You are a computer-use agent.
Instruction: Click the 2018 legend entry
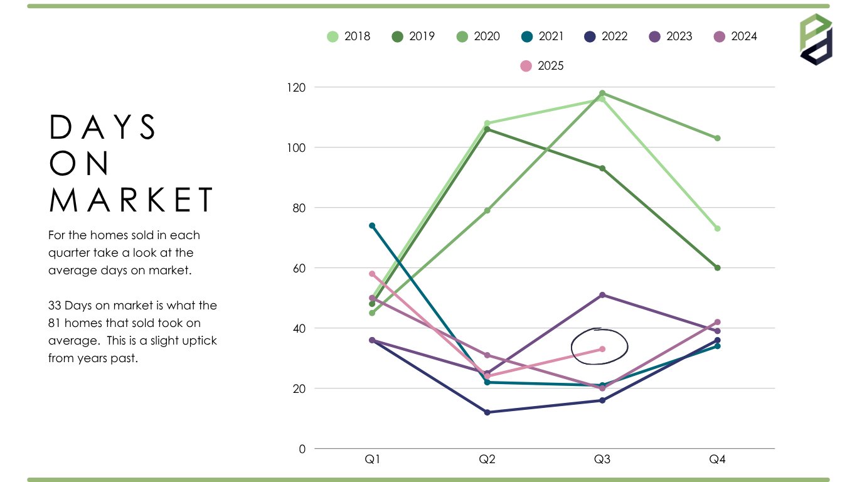point(349,36)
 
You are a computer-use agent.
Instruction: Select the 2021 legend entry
point(543,36)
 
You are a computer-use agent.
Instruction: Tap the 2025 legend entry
point(543,65)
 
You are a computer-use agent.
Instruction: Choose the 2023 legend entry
point(671,36)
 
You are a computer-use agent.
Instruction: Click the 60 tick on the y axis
point(299,268)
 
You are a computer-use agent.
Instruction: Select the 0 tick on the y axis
point(302,449)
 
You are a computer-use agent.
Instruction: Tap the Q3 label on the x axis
point(602,459)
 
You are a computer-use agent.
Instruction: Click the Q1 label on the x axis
point(372,459)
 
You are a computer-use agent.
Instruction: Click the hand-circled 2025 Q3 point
point(602,349)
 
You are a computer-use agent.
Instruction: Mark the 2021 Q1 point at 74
point(372,226)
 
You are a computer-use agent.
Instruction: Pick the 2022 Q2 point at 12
point(487,412)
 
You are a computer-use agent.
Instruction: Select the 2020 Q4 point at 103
point(717,138)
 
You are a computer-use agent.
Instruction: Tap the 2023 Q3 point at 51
point(602,295)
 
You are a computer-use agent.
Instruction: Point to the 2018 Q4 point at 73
point(717,228)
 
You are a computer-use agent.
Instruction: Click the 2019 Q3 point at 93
point(602,168)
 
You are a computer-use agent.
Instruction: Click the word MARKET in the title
point(132,200)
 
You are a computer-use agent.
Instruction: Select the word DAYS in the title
point(104,127)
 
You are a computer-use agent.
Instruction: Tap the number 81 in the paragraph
point(55,323)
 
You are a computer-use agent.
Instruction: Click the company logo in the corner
point(816,39)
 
